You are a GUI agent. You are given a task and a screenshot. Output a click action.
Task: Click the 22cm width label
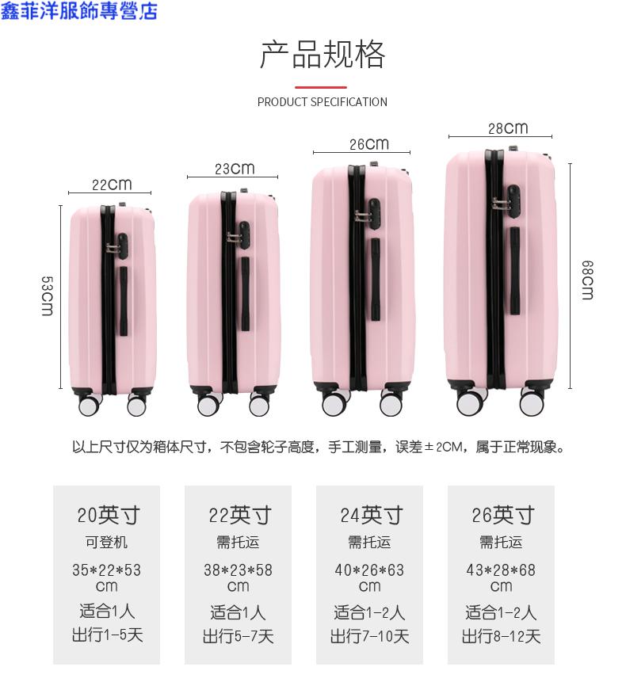112,185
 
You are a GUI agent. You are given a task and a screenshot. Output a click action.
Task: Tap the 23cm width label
235,169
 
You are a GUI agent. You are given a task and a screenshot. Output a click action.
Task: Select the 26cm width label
369,144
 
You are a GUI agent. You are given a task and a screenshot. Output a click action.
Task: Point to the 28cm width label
508,128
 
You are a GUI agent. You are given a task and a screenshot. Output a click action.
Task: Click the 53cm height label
48,295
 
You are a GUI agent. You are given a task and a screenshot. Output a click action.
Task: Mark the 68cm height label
587,280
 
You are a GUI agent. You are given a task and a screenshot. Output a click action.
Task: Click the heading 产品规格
323,55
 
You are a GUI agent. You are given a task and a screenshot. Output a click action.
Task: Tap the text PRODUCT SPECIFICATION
323,102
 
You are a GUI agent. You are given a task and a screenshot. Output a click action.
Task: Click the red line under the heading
321,87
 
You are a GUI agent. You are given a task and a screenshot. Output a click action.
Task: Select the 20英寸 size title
109,515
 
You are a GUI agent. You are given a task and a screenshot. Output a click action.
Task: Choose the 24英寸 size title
372,515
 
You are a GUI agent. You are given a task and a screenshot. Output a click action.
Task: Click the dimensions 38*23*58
239,570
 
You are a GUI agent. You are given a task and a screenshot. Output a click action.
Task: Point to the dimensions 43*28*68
501,570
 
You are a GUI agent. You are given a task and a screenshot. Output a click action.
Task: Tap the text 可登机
106,542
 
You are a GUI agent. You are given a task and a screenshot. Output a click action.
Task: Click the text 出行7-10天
370,636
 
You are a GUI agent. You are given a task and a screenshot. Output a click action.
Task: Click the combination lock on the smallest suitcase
119,246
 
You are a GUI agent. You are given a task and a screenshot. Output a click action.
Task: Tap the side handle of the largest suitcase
515,271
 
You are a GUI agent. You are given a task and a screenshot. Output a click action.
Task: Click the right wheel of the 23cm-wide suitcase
259,405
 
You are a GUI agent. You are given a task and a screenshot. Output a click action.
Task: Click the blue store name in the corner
78,11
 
